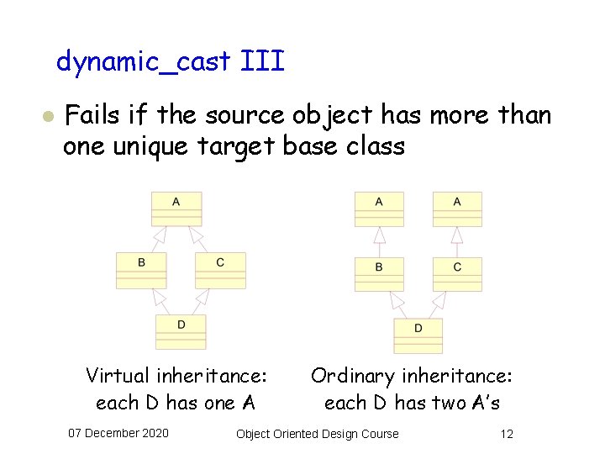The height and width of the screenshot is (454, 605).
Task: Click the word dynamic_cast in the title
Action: point(144,61)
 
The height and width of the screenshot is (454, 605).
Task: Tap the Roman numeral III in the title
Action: point(262,61)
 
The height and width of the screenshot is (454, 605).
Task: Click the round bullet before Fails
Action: point(49,116)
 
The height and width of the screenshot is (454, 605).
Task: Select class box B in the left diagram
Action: point(141,270)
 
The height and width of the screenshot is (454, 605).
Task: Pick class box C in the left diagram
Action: point(220,270)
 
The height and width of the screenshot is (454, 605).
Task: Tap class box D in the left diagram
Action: point(181,331)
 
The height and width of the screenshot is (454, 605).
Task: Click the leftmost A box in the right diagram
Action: point(379,209)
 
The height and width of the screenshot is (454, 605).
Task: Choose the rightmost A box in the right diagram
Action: point(457,209)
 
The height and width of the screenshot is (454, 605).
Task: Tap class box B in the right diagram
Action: point(379,274)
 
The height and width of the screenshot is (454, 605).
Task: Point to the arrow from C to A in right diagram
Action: point(457,242)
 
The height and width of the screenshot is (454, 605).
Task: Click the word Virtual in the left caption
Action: point(118,376)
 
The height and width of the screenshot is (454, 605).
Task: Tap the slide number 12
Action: point(506,433)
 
